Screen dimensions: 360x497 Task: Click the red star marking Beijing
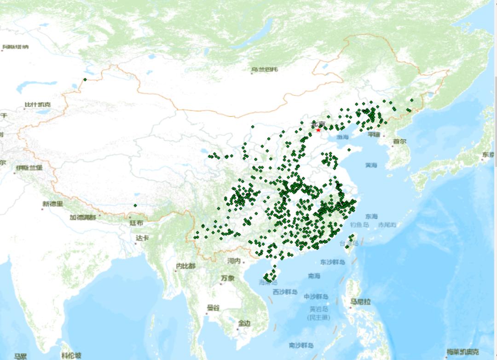[318, 130]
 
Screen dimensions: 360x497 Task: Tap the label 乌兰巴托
[265, 70]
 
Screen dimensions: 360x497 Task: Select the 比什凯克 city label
[38, 105]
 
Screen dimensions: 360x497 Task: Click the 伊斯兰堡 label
[29, 168]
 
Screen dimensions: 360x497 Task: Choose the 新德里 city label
[52, 204]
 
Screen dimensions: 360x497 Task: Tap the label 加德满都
[83, 217]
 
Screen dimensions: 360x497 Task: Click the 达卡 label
[142, 238]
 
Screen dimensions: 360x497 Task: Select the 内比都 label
[185, 266]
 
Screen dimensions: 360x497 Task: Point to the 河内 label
[234, 261]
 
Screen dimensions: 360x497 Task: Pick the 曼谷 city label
[213, 308]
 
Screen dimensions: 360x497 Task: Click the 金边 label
[244, 324]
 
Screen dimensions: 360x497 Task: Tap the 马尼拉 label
[360, 302]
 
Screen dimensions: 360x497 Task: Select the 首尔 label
[399, 142]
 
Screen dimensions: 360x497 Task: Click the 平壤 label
[374, 135]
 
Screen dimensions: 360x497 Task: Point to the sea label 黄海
[371, 165]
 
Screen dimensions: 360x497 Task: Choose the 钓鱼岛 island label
[359, 225]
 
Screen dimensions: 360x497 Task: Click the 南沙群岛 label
[301, 345]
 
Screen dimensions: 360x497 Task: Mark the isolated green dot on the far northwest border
[85, 80]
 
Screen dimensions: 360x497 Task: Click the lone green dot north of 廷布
[135, 206]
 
